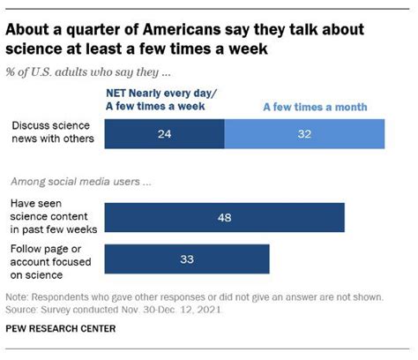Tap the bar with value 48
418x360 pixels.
(224, 216)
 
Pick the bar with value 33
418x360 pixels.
(186, 260)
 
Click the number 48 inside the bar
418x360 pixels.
(224, 216)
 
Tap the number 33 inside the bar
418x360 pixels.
(186, 260)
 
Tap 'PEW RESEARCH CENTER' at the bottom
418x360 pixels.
(61, 328)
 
